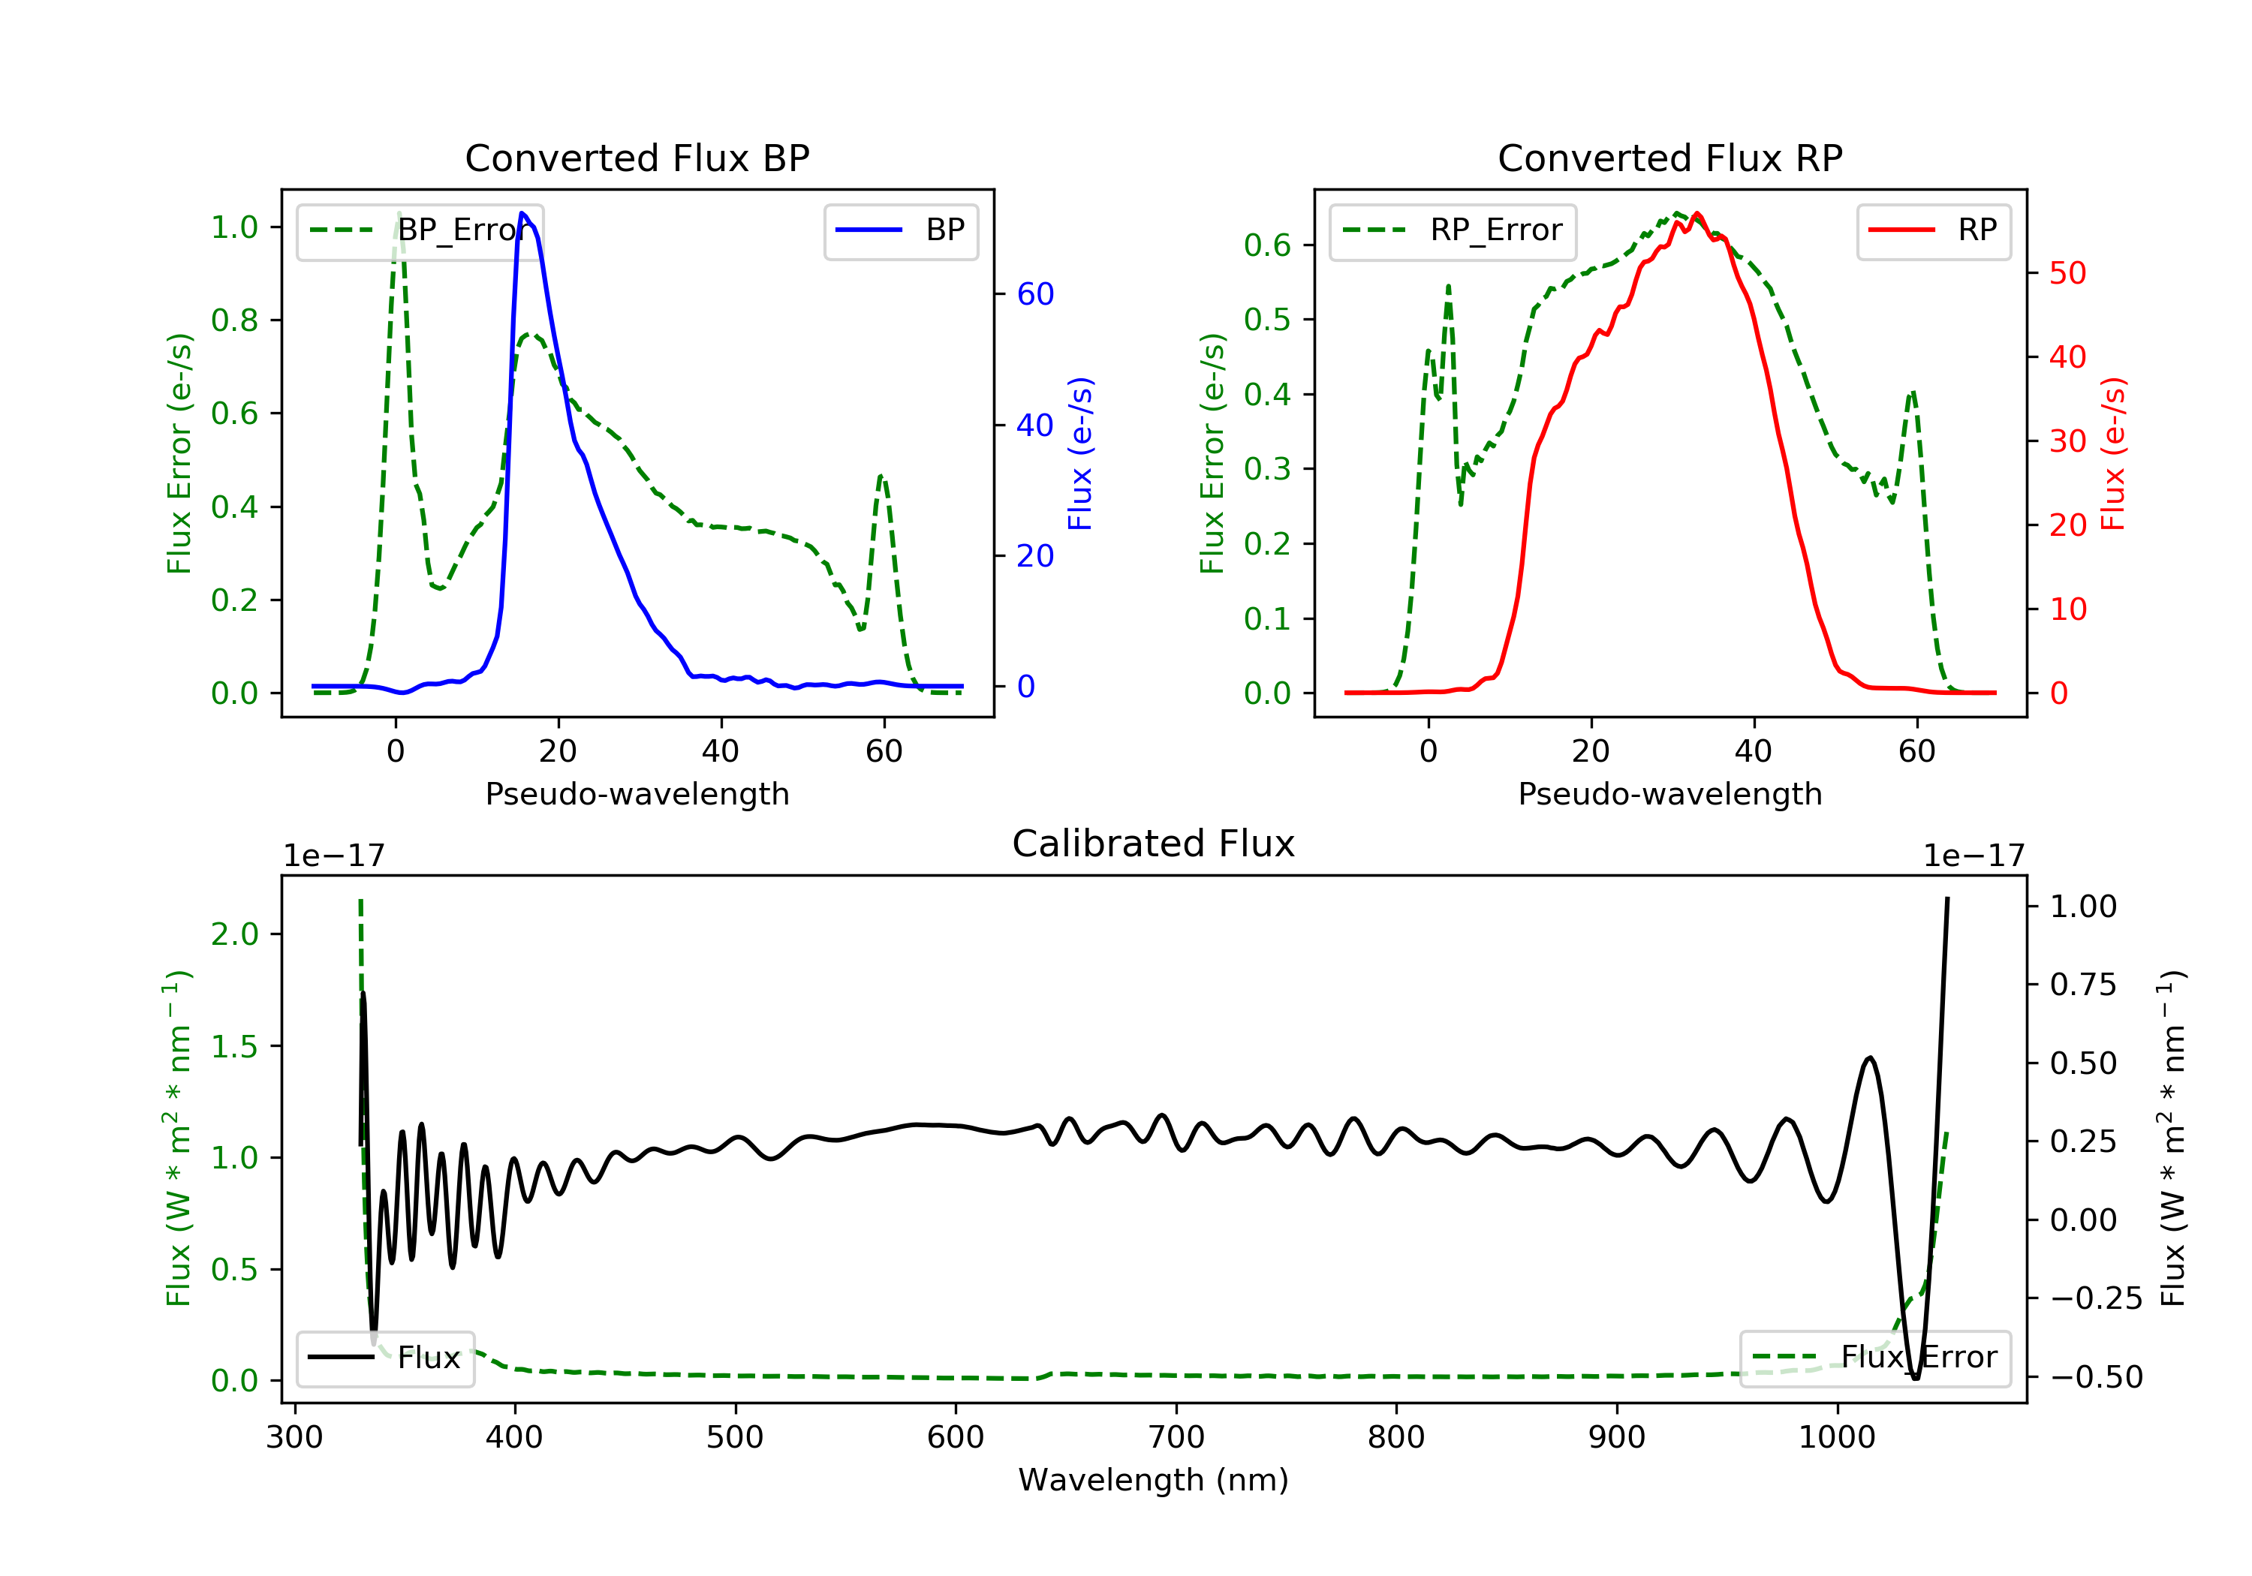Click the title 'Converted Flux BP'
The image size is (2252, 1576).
(x=637, y=158)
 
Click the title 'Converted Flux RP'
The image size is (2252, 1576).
(x=1669, y=158)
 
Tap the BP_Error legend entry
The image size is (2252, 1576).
(x=420, y=230)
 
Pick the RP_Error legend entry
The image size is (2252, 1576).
(x=1453, y=230)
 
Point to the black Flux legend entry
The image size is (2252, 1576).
(x=386, y=1358)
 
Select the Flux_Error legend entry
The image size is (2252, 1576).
(x=1874, y=1358)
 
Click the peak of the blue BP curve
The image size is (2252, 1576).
(x=522, y=213)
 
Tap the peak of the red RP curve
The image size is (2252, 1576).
(x=1697, y=214)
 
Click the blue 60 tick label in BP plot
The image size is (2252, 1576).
(x=1034, y=294)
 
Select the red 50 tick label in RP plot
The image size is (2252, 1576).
(x=2067, y=274)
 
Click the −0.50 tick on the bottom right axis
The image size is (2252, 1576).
(x=2096, y=1377)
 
